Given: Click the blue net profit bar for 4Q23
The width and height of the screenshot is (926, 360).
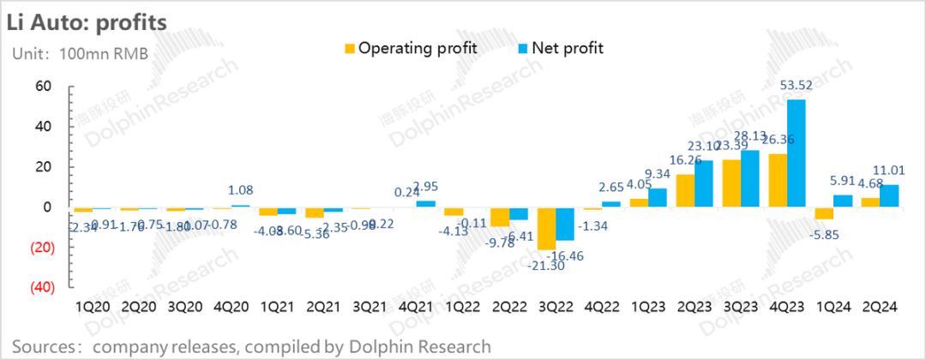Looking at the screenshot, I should (796, 153).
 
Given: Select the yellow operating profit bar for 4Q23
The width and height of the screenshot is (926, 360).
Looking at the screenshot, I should (778, 180).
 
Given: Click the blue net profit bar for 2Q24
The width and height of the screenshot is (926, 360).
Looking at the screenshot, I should (888, 196).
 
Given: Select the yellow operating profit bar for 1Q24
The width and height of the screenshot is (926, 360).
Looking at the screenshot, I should (824, 213).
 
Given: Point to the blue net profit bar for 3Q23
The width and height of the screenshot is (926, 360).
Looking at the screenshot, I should (749, 179).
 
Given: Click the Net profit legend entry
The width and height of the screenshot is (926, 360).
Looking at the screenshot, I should (558, 48).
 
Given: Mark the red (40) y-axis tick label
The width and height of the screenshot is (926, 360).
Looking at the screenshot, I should (42, 287).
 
